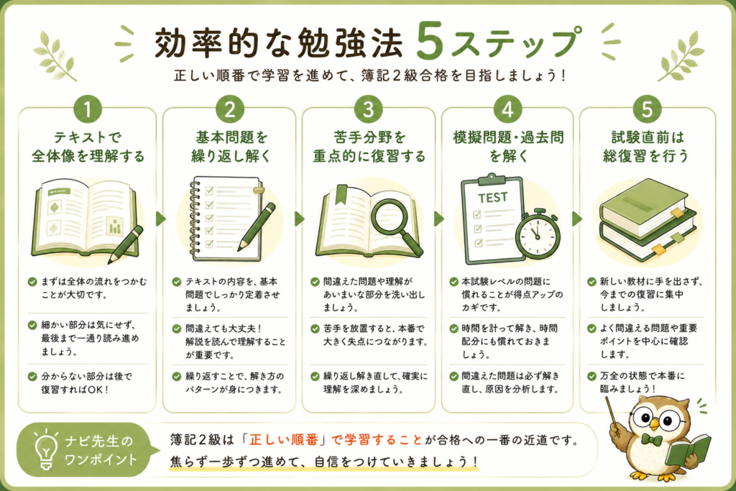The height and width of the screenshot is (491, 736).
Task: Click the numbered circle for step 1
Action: click(x=87, y=109)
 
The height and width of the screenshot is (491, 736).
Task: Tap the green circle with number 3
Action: click(x=369, y=109)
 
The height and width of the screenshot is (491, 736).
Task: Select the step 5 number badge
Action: click(x=647, y=109)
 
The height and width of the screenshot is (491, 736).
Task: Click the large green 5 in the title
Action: click(x=430, y=42)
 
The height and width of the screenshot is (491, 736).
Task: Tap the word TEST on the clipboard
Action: click(x=493, y=198)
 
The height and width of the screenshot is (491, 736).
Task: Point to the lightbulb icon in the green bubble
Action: click(x=45, y=449)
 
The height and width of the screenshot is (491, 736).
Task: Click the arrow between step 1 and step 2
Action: click(x=160, y=219)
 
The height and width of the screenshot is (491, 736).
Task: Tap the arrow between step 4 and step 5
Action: click(x=577, y=219)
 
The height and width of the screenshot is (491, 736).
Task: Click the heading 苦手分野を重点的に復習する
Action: click(x=369, y=147)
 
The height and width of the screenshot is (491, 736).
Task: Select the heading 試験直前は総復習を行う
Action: click(x=646, y=147)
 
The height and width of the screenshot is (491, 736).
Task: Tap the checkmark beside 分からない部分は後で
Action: click(x=32, y=377)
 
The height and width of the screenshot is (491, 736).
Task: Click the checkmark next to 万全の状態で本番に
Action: click(x=592, y=376)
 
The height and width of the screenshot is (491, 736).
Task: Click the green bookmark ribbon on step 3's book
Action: click(x=341, y=193)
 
